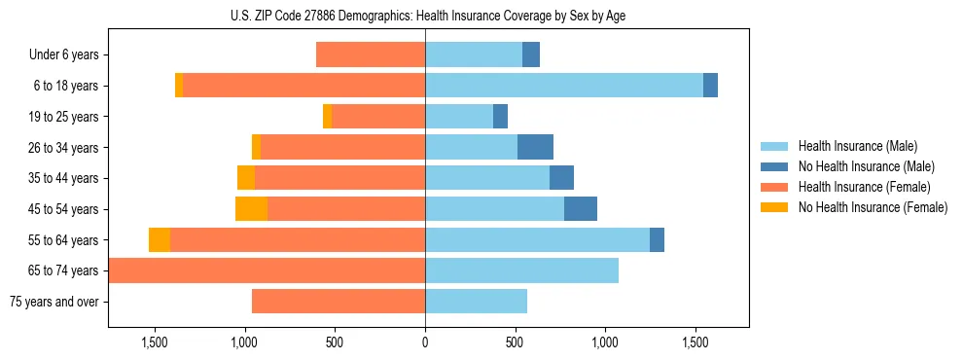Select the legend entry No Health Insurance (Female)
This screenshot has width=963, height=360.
(872, 207)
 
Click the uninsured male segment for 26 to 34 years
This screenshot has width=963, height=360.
(535, 147)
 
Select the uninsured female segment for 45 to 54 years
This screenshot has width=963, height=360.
(251, 209)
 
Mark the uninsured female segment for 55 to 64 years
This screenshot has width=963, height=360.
(160, 240)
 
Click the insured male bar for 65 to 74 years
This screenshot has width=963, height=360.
(521, 270)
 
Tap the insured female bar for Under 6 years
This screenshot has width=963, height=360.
(371, 55)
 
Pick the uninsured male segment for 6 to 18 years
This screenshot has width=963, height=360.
(710, 86)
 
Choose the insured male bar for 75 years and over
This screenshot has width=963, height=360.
(476, 302)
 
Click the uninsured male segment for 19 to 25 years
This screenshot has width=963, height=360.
(500, 117)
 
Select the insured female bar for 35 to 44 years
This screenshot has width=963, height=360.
(339, 178)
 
